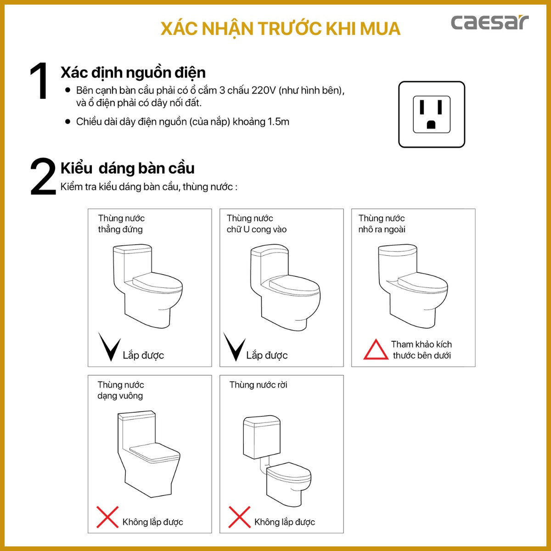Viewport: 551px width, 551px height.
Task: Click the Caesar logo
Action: point(489,22)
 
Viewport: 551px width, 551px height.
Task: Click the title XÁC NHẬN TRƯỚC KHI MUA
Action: point(280,28)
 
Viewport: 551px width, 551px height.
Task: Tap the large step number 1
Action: point(39,81)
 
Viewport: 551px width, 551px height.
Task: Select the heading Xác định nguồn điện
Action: point(133,73)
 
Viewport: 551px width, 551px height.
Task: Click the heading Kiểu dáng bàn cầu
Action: point(128,169)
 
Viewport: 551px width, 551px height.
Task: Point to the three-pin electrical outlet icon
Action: point(432,114)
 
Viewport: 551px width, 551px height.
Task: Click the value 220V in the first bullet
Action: point(263,90)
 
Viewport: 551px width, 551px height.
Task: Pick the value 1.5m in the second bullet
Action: point(278,122)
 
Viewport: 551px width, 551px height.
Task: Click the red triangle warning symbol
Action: point(376,350)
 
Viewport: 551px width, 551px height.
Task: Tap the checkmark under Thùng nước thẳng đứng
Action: point(109,347)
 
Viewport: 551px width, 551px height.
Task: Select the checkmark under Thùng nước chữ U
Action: point(234,347)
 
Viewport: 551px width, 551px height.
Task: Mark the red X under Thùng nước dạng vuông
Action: point(107,517)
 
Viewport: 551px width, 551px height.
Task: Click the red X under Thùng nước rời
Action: point(239,517)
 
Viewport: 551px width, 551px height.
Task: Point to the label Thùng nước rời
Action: point(258,385)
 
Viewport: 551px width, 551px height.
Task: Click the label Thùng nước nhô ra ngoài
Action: point(382,224)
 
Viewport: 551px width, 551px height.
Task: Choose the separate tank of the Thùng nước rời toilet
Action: point(261,437)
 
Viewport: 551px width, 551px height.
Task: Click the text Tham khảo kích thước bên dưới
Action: point(421,350)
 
